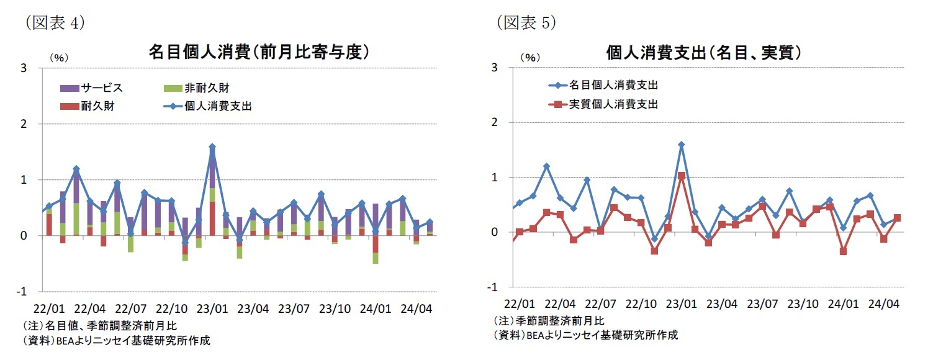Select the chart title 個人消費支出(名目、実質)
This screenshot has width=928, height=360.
[x=703, y=53]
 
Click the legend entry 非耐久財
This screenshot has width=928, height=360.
[x=207, y=88]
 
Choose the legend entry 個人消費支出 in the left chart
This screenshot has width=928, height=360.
[x=217, y=106]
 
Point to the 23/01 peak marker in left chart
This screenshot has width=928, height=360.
[x=212, y=147]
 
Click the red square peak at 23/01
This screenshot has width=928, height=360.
[x=682, y=176]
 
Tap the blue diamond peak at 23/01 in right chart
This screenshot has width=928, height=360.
[x=682, y=145]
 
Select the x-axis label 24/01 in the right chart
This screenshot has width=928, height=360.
[x=844, y=304]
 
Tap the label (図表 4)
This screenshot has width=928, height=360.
[x=54, y=23]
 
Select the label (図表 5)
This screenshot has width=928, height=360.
[x=526, y=23]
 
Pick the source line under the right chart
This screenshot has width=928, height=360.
[x=585, y=335]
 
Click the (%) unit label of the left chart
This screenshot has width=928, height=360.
[x=58, y=57]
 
